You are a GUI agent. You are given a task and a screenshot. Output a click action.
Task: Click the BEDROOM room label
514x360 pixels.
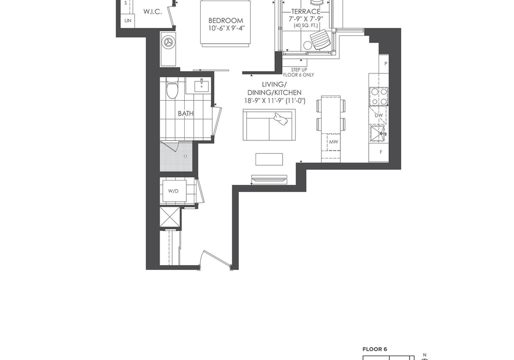[x=226, y=21]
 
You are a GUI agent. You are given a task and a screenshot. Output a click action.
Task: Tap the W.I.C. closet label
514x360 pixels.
[x=153, y=12]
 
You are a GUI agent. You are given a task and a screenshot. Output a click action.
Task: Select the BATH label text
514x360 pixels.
[x=186, y=114]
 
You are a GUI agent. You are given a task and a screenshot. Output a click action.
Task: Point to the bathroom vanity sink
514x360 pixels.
[x=200, y=86]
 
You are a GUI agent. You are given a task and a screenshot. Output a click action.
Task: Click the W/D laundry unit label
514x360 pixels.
[x=173, y=191]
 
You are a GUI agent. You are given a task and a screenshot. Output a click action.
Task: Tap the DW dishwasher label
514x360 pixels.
[x=379, y=115]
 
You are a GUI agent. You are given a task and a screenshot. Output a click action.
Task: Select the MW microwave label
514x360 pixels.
[x=334, y=142]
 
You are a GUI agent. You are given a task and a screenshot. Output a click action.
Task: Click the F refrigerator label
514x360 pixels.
[x=381, y=152]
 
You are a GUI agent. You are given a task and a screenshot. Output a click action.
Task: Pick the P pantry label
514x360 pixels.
[x=386, y=64]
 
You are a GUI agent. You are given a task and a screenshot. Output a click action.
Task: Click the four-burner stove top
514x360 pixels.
[x=379, y=96]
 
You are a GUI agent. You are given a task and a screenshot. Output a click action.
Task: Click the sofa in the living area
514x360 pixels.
[x=269, y=125]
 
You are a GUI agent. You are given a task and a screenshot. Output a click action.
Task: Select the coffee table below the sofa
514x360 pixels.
[x=269, y=159]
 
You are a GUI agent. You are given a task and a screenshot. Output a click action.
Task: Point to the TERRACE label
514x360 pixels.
[x=306, y=12]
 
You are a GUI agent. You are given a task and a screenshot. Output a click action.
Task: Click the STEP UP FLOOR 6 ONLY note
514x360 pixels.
[x=299, y=72]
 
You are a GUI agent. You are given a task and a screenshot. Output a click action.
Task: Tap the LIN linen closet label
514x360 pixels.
[x=128, y=20]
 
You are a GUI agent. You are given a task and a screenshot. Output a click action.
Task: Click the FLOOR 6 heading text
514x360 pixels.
[x=375, y=349]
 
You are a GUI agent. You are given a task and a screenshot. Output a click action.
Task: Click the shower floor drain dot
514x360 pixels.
[x=186, y=156]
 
